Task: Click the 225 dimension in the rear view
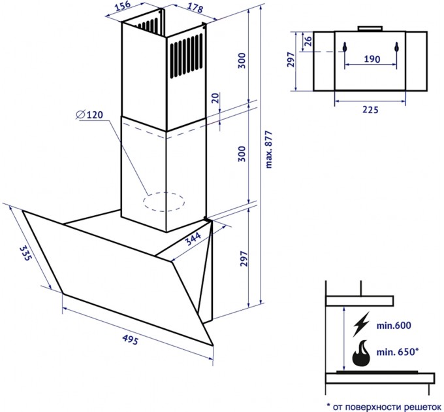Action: pyautogui.click(x=370, y=110)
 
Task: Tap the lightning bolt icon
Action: pyautogui.click(x=361, y=324)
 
